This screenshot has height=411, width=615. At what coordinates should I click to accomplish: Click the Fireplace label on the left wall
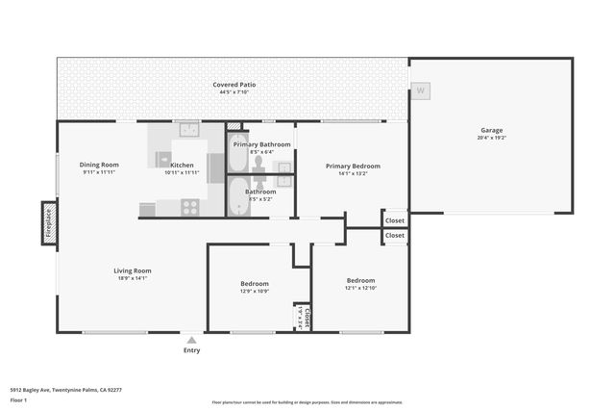coord(48,225)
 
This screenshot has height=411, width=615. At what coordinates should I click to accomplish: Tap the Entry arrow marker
coord(192,340)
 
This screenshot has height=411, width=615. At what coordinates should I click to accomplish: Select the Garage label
coord(491,130)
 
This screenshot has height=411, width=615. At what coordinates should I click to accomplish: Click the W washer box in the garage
coord(419,91)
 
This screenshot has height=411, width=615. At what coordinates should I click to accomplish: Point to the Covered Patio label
coord(234,85)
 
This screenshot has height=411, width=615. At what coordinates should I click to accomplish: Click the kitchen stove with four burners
coord(189,206)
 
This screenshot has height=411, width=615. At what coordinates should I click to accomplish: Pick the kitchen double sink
coord(188,128)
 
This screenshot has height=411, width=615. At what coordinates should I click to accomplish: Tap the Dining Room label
coord(99,165)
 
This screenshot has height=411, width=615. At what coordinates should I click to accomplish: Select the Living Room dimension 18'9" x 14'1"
coord(132,278)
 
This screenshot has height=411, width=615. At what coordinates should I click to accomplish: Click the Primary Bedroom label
coord(353,166)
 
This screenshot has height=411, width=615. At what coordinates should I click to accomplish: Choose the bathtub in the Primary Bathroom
coord(238,152)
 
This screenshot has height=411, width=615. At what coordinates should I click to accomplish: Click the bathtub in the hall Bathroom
coord(238,197)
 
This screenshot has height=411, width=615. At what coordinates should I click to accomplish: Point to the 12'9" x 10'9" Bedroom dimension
coord(254,292)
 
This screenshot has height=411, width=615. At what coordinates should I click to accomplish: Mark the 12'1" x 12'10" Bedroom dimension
coord(360,288)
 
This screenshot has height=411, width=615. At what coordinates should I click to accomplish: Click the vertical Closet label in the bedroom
coord(303,316)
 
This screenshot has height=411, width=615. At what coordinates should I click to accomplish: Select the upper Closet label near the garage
coord(395,219)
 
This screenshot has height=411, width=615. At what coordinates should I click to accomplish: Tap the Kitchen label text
coord(182,165)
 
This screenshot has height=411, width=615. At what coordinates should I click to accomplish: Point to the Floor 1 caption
coord(18,398)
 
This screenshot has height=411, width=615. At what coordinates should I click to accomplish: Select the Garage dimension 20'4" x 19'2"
coord(491,138)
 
